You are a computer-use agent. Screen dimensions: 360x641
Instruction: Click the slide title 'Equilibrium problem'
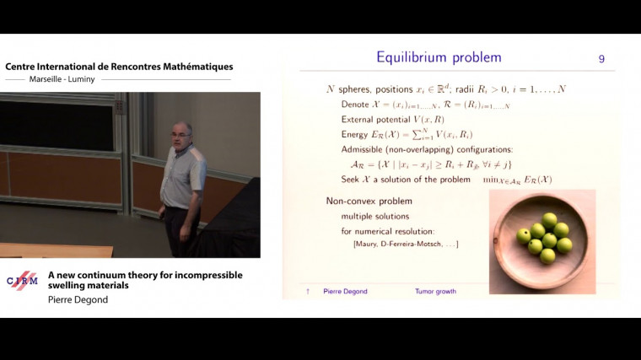click(439, 57)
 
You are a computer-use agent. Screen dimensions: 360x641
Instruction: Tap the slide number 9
click(601, 58)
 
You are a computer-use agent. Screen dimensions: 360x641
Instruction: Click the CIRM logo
click(22, 281)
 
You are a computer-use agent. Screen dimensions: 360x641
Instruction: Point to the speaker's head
click(183, 136)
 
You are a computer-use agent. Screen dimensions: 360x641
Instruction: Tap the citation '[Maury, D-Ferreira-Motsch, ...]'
click(406, 244)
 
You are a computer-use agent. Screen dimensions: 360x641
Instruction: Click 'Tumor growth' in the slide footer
click(435, 292)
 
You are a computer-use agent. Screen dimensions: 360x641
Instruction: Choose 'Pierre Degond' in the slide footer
click(345, 292)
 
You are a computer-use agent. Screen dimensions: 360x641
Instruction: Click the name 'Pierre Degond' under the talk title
click(78, 299)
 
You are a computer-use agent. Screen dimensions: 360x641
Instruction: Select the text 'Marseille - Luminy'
click(51, 79)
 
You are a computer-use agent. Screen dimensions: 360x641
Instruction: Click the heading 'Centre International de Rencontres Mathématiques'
click(119, 67)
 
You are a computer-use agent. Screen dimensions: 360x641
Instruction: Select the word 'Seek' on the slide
click(351, 180)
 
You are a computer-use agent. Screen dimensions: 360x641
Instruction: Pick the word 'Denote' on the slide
click(357, 105)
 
